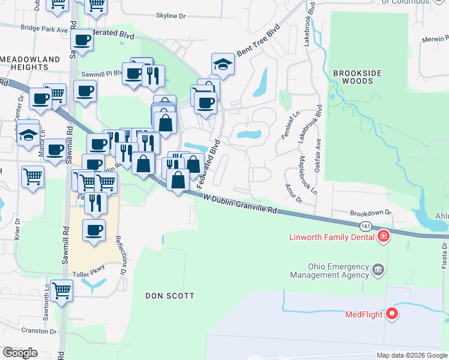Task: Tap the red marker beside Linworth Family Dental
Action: (383, 238)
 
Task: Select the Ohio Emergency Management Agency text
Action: (330, 270)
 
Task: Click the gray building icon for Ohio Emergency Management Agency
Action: (378, 270)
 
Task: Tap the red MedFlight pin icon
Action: (392, 313)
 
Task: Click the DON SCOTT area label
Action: (170, 296)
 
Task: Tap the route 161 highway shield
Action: (366, 226)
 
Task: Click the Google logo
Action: (20, 353)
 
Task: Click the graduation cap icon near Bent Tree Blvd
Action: (222, 65)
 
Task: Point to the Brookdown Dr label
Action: (370, 212)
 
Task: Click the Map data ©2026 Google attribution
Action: (411, 355)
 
